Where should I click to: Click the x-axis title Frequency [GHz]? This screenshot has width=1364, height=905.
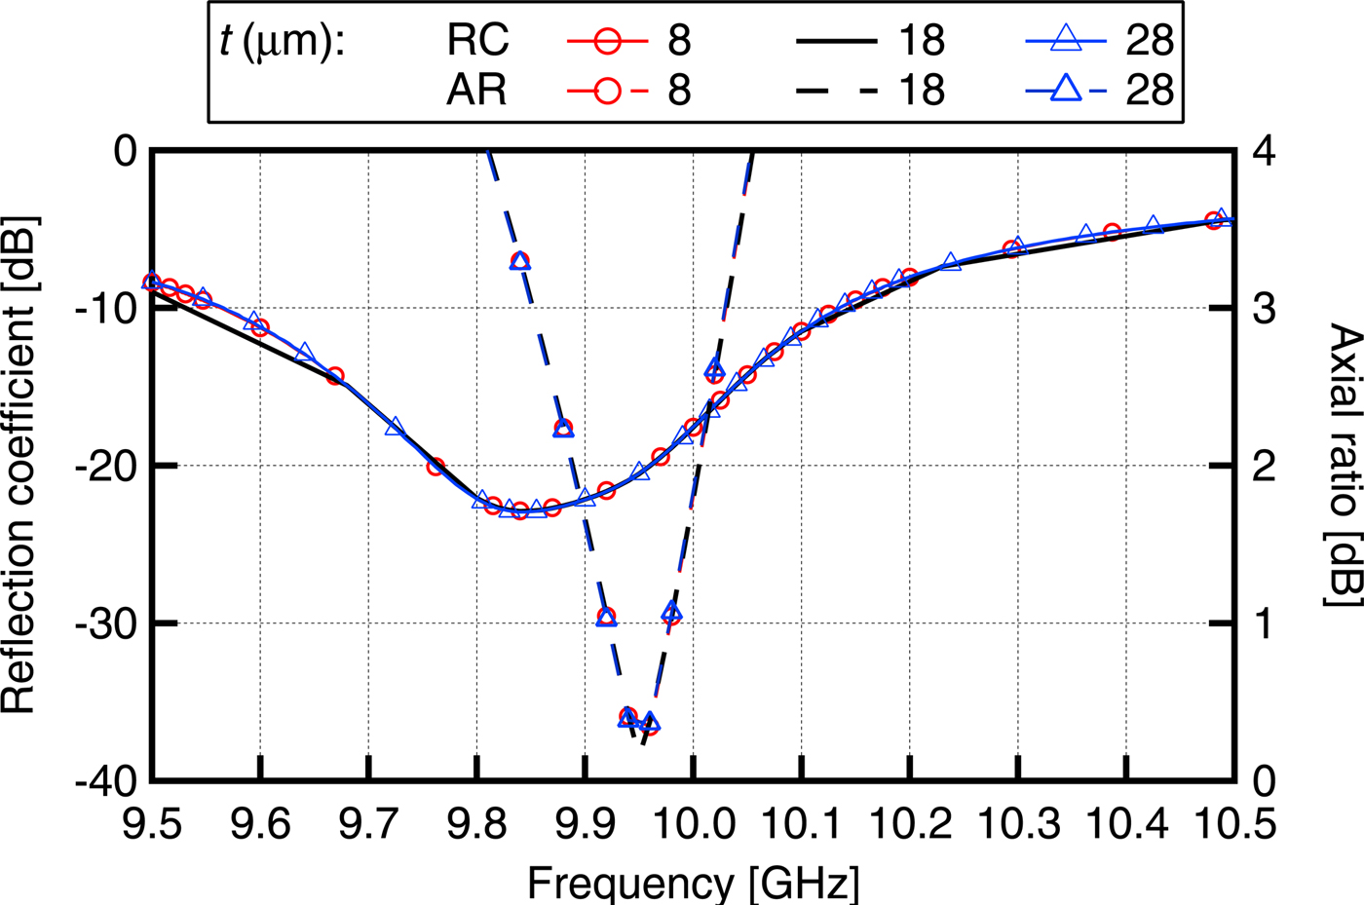(693, 882)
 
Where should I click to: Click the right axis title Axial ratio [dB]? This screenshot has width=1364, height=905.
(1344, 466)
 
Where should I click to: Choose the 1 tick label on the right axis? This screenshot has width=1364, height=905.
(1264, 624)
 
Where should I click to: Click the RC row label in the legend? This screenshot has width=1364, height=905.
(477, 41)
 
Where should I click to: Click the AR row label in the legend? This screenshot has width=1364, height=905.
(477, 91)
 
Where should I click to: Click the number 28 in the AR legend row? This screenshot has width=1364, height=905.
(1150, 91)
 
